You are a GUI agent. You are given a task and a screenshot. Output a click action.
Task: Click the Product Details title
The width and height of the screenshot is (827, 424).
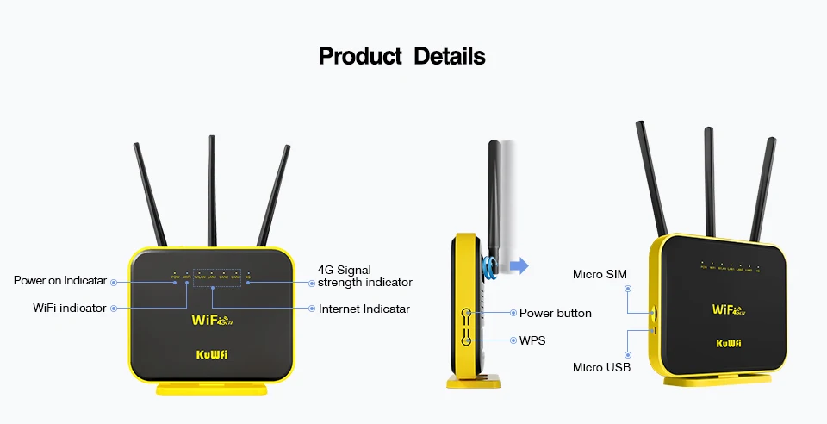[402, 57]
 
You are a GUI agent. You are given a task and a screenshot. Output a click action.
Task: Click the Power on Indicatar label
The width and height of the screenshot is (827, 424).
[59, 280]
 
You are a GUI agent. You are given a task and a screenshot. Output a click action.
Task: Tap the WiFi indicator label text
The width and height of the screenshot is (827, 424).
[69, 308]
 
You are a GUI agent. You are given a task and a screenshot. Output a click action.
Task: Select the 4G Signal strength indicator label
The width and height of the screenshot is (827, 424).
[364, 276]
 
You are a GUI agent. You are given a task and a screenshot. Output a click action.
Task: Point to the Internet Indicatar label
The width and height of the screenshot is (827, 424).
[364, 309]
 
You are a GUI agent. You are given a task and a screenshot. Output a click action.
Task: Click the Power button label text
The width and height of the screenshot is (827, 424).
[555, 313]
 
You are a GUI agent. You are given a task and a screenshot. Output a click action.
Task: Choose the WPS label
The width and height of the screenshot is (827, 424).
[532, 340]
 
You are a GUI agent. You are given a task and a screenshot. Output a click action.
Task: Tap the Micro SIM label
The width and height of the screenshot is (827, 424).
[600, 274]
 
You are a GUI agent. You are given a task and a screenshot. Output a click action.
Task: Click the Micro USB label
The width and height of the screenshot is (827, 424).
[601, 368]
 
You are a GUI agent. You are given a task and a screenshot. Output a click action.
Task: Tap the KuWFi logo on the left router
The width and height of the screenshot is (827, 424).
[212, 353]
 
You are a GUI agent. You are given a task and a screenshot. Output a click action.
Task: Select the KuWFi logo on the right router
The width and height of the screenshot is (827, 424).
[729, 342]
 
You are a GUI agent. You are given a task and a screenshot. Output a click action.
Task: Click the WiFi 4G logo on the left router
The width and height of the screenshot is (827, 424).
[212, 321]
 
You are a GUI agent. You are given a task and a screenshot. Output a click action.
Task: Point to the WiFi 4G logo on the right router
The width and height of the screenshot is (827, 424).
[729, 309]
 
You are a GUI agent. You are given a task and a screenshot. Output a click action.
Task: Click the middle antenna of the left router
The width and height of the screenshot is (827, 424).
[212, 190]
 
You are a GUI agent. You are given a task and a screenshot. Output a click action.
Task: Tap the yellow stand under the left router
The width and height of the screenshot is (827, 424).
[212, 389]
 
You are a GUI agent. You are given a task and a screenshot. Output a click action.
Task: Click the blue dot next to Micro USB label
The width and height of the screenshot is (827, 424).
[629, 354]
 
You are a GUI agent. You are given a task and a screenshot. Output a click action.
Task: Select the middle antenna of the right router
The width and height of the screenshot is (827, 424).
[710, 181]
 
